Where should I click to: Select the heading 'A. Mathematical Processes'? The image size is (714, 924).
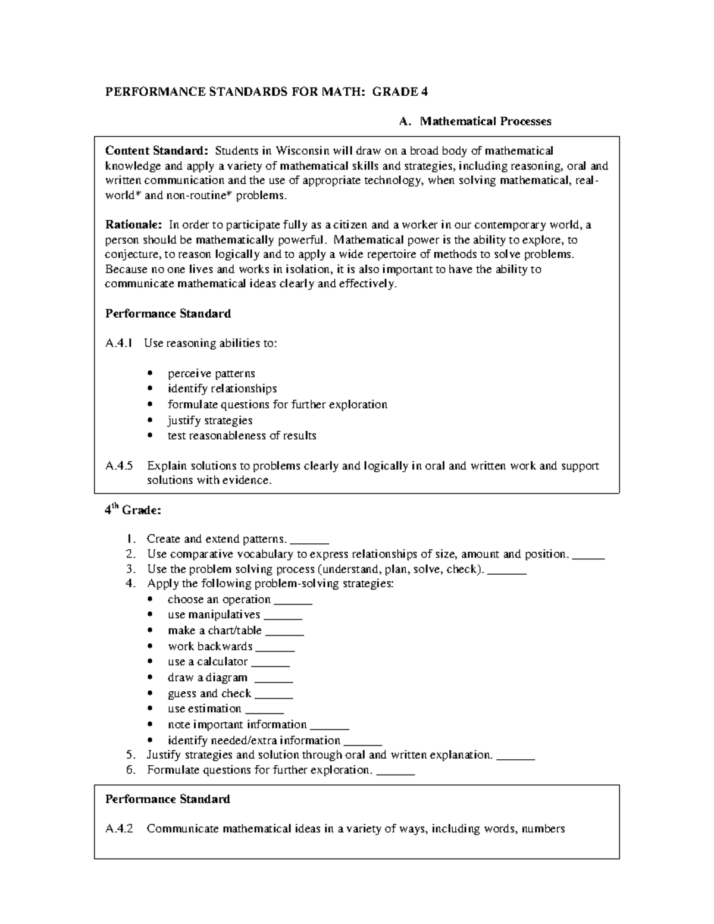475,121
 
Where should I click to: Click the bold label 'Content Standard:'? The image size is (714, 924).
157,151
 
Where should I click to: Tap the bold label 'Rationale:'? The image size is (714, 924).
133,225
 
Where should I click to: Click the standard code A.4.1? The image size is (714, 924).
120,343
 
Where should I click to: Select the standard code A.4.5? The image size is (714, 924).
120,466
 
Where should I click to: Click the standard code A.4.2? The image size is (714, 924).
120,828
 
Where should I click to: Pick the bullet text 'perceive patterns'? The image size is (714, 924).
211,374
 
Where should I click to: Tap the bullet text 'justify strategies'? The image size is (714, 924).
210,420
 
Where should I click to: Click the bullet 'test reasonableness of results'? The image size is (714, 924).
242,436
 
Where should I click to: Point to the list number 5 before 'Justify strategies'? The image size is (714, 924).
130,755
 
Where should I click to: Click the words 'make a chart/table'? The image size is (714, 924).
214,631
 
